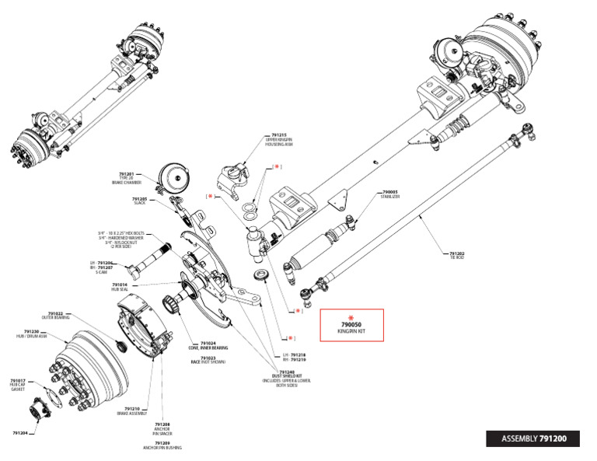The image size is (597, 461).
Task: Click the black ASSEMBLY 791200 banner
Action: (x=536, y=438)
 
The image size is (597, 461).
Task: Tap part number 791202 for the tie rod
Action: (x=456, y=254)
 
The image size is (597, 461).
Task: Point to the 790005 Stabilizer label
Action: (x=390, y=194)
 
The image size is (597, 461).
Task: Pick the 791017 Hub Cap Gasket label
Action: (x=19, y=383)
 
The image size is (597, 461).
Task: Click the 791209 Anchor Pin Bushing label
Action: (x=162, y=445)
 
